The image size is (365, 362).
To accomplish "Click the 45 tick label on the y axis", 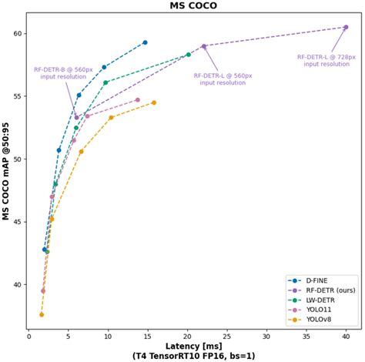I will (17, 222).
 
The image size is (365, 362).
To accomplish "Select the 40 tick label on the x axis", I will (346, 336).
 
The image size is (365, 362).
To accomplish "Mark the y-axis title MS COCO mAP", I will (6, 169).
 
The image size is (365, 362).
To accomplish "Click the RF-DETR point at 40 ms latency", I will (346, 27).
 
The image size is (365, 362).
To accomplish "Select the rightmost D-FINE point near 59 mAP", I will (145, 42).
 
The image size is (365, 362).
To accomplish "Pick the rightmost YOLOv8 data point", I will (153, 102).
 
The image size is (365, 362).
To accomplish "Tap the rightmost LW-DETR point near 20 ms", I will (189, 55).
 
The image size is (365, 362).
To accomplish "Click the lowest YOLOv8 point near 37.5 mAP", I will (42, 314).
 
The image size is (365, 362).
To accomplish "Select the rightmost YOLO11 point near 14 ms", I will (138, 99).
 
